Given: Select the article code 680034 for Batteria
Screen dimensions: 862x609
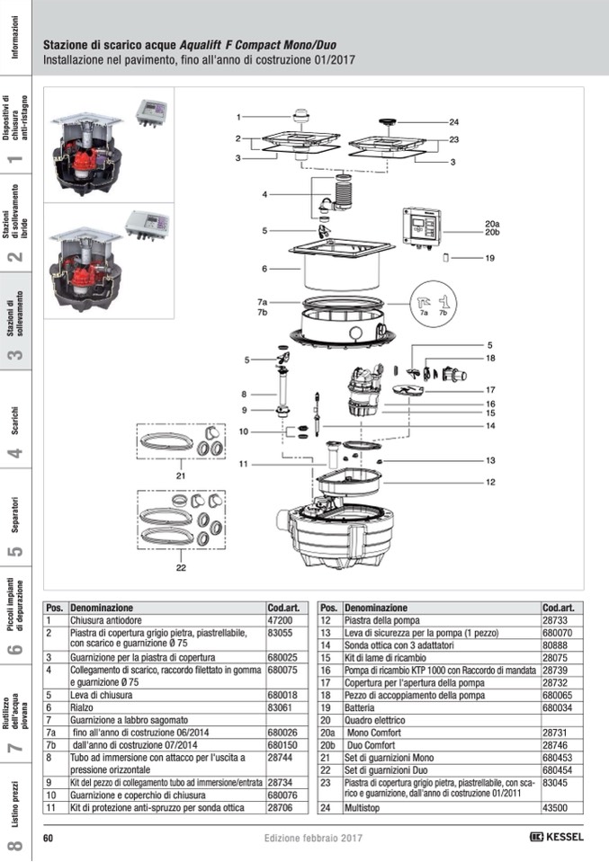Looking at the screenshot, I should click(x=559, y=707).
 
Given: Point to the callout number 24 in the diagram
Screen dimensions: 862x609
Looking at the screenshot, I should click(x=453, y=121).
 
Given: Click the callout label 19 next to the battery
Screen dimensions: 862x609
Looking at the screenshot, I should click(x=489, y=258).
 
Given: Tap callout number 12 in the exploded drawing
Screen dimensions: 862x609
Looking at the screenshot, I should click(x=490, y=482).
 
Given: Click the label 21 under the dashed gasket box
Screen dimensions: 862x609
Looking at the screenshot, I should click(x=180, y=475).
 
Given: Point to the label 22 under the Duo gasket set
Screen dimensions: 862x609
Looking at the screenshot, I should click(x=180, y=568).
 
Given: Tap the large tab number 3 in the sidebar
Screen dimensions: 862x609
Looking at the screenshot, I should click(x=15, y=354).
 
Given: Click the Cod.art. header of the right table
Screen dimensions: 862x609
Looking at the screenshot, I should click(x=558, y=608).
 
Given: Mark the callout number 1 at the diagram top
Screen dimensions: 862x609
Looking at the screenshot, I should click(x=239, y=117).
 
